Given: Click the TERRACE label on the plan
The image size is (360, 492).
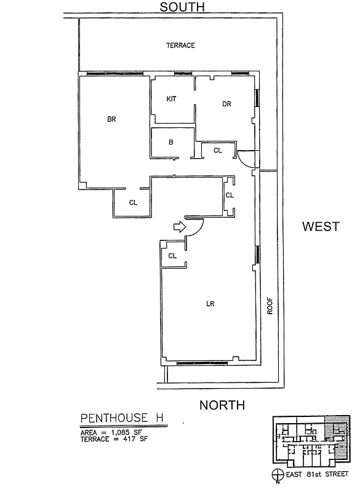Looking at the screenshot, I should coord(181,46).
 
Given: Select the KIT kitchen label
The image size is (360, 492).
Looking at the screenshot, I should coord(172,99).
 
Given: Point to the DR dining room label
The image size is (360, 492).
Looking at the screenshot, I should coord(226,104).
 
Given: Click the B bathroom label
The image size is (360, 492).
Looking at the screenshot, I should coord(171,143).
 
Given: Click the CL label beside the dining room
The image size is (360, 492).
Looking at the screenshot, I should coord(217,151).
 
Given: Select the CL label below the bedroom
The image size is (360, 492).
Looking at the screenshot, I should coord(133,202).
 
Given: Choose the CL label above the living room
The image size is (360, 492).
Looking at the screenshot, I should coord(172,256).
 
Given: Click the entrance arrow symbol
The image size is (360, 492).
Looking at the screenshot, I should coord(179,228).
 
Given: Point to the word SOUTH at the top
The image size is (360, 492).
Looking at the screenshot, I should coord(182,7).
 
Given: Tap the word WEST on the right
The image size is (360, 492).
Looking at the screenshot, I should coord(320,226).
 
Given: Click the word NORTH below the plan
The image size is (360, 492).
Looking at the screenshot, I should coord(222,405).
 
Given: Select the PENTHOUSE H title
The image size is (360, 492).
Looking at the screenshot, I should coord(122,418).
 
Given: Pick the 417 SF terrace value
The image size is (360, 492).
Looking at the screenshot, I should coord(134,440).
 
